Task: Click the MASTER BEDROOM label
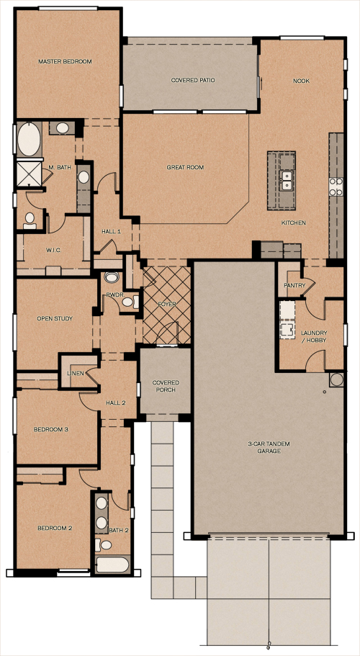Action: (65, 61)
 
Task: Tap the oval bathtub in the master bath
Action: (30, 139)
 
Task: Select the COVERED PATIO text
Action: (193, 80)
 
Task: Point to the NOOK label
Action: (301, 81)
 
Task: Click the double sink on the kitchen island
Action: (287, 181)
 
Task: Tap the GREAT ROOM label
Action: (185, 167)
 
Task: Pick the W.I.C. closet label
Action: (54, 250)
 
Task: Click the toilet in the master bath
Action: (30, 221)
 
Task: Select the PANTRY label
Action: (294, 285)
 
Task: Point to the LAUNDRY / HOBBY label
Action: (314, 336)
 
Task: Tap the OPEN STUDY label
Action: (55, 318)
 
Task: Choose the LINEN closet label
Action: (76, 373)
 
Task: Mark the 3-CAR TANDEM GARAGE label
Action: (269, 447)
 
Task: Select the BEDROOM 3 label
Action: (51, 429)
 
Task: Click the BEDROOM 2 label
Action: (55, 528)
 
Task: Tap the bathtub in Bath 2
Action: (112, 565)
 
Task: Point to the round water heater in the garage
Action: (336, 379)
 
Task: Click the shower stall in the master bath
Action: (29, 174)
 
